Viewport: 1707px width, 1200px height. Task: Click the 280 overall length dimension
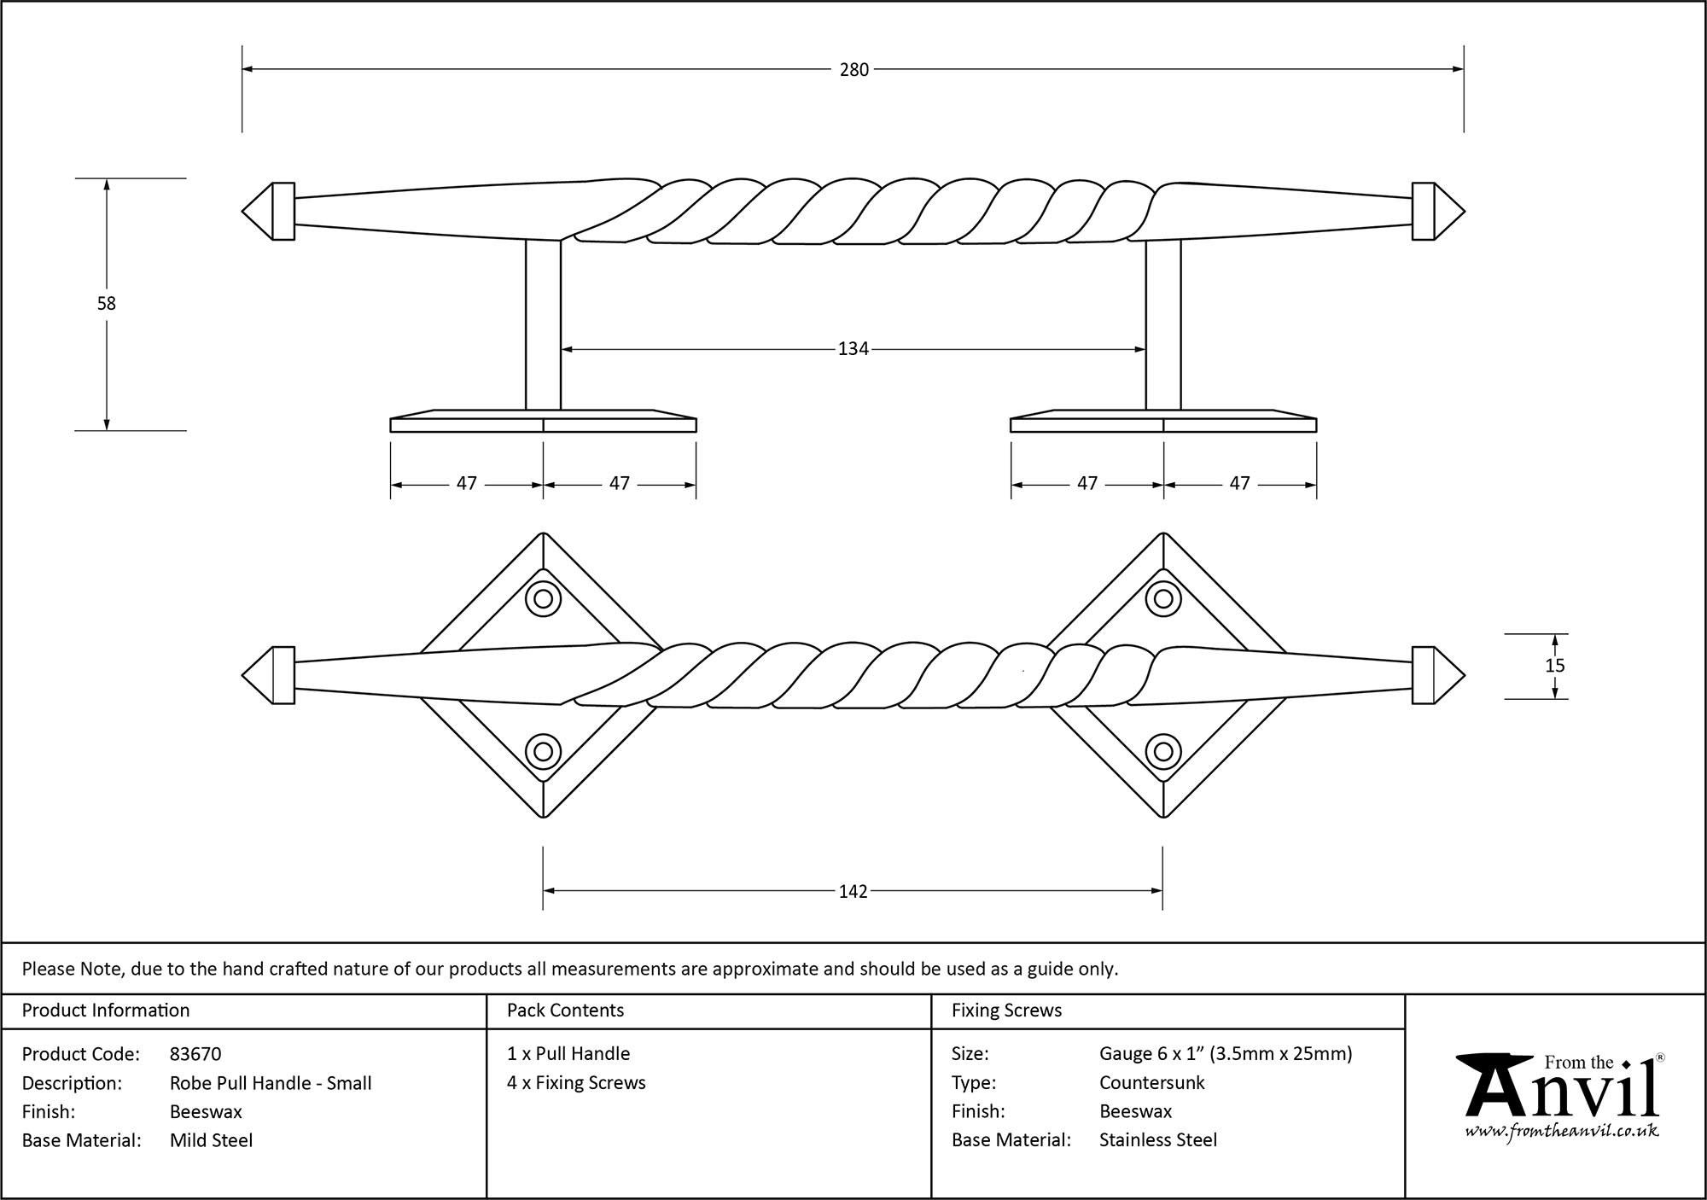coord(853,70)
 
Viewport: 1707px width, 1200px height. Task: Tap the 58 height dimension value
coord(106,303)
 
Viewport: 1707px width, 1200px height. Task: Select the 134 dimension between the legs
coord(853,348)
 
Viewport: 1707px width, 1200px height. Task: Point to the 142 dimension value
coord(853,891)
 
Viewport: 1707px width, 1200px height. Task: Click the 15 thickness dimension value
coord(1554,666)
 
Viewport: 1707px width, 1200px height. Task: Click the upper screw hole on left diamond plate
coord(543,598)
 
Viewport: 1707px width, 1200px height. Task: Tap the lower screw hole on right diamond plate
coord(1162,752)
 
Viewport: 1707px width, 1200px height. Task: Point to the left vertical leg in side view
coord(543,324)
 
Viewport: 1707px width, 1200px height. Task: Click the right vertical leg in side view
coord(1163,324)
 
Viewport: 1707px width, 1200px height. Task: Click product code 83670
coord(195,1054)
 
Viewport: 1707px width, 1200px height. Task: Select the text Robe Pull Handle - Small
coord(271,1083)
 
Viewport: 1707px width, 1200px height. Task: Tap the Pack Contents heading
coord(565,1011)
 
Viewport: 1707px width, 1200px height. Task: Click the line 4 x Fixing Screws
coord(576,1083)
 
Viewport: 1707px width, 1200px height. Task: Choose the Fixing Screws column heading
coord(1006,1011)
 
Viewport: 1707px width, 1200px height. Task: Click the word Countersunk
coord(1151,1083)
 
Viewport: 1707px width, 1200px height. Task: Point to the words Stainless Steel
coord(1157,1140)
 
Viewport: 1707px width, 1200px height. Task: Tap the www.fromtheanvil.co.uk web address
coord(1561,1131)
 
